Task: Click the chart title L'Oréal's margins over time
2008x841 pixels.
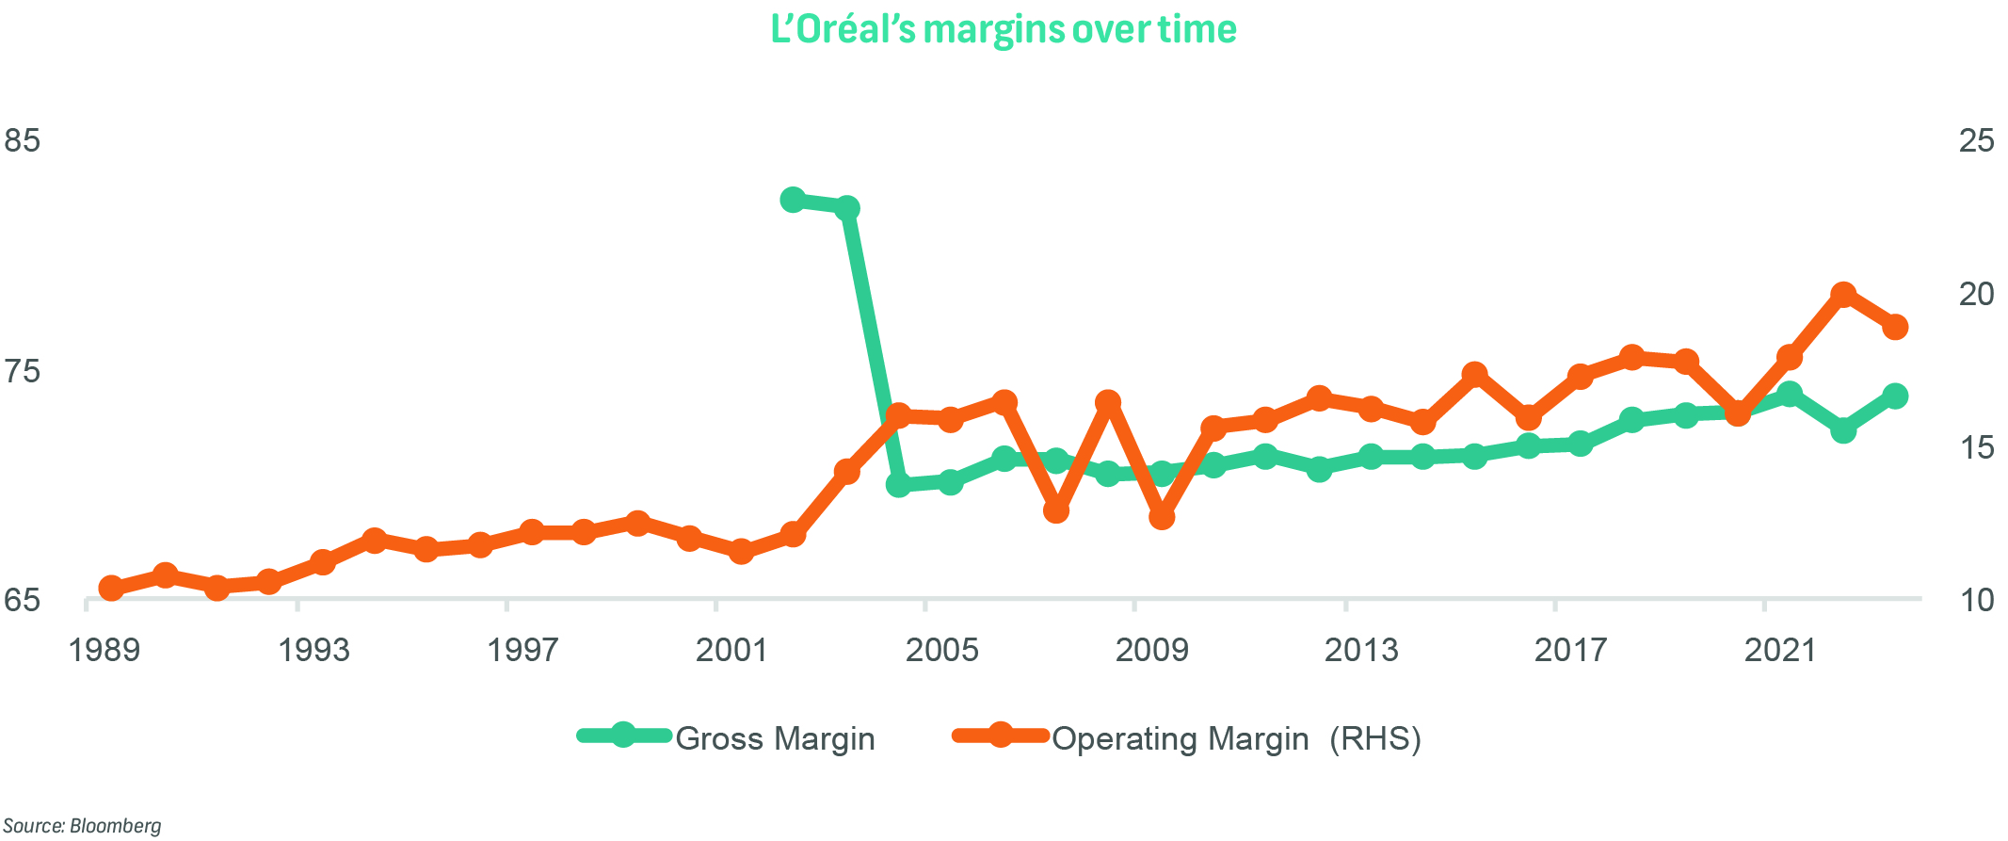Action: click(1004, 30)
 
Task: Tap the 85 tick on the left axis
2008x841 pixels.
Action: click(23, 141)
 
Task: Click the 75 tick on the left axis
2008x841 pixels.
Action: click(23, 371)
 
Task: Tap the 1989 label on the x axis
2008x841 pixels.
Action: click(104, 650)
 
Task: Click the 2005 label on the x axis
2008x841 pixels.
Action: click(941, 650)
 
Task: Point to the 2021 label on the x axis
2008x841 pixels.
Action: click(1780, 650)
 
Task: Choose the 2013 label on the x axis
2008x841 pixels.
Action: click(1361, 650)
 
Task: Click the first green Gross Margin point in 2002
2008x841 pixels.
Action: click(793, 200)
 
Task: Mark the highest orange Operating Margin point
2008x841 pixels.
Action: click(1843, 295)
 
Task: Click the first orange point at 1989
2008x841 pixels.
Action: click(111, 589)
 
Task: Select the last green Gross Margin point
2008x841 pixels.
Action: click(1896, 396)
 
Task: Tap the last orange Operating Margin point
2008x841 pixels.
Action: click(1896, 327)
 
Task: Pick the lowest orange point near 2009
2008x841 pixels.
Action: click(1162, 517)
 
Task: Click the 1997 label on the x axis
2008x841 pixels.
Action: click(522, 650)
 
